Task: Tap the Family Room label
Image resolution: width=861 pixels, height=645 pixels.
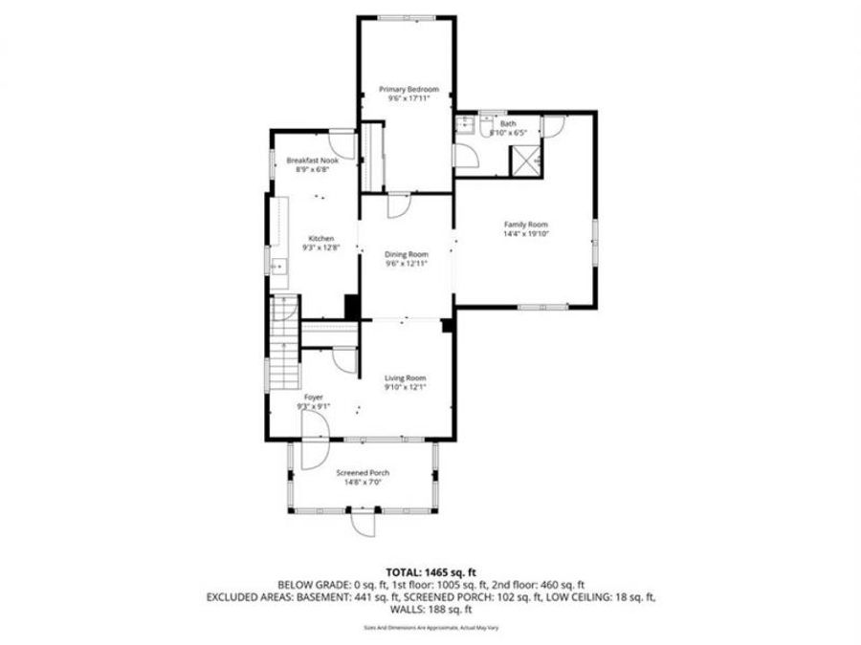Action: (x=525, y=225)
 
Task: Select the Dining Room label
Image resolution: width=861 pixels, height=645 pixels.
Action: (x=407, y=253)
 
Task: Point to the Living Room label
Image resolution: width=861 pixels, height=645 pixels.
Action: (x=406, y=377)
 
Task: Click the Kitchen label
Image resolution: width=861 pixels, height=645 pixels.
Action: (x=320, y=238)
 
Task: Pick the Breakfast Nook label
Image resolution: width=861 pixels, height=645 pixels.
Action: (x=313, y=161)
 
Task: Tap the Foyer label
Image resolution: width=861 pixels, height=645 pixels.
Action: (x=313, y=396)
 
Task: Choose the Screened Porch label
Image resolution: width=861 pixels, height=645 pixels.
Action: (x=362, y=473)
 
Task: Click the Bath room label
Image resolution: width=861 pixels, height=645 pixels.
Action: (x=507, y=124)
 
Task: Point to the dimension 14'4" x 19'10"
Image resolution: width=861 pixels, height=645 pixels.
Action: (x=525, y=234)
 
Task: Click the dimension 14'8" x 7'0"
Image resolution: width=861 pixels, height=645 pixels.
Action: (x=362, y=483)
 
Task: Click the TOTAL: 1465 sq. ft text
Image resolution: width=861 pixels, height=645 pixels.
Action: (x=430, y=569)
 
